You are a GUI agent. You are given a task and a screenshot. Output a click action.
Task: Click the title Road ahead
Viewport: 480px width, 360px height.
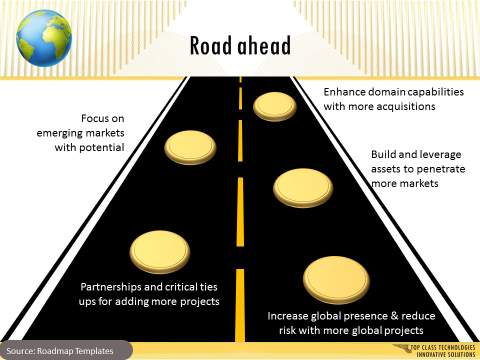[x=240, y=46]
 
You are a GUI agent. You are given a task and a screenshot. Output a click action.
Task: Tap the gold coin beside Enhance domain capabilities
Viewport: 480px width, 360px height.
[x=272, y=104]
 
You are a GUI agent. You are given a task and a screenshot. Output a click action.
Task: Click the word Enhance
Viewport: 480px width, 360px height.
[x=346, y=91]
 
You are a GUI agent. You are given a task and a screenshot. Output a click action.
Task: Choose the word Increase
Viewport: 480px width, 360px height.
[x=290, y=315]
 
